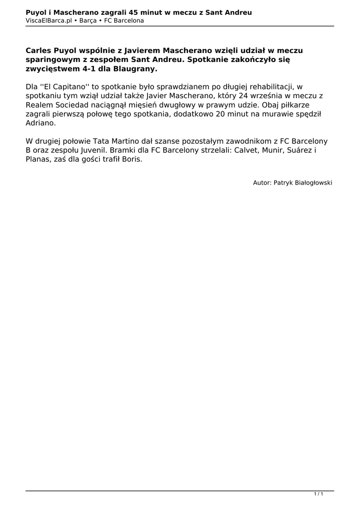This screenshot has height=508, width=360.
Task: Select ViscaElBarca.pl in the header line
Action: [x=49, y=20]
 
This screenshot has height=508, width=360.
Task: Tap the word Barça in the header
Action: [x=88, y=20]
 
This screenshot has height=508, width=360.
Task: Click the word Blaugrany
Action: [x=130, y=68]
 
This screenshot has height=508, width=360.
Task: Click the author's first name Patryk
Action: [x=284, y=183]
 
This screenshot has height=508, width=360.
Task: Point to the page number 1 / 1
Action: [x=319, y=494]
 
